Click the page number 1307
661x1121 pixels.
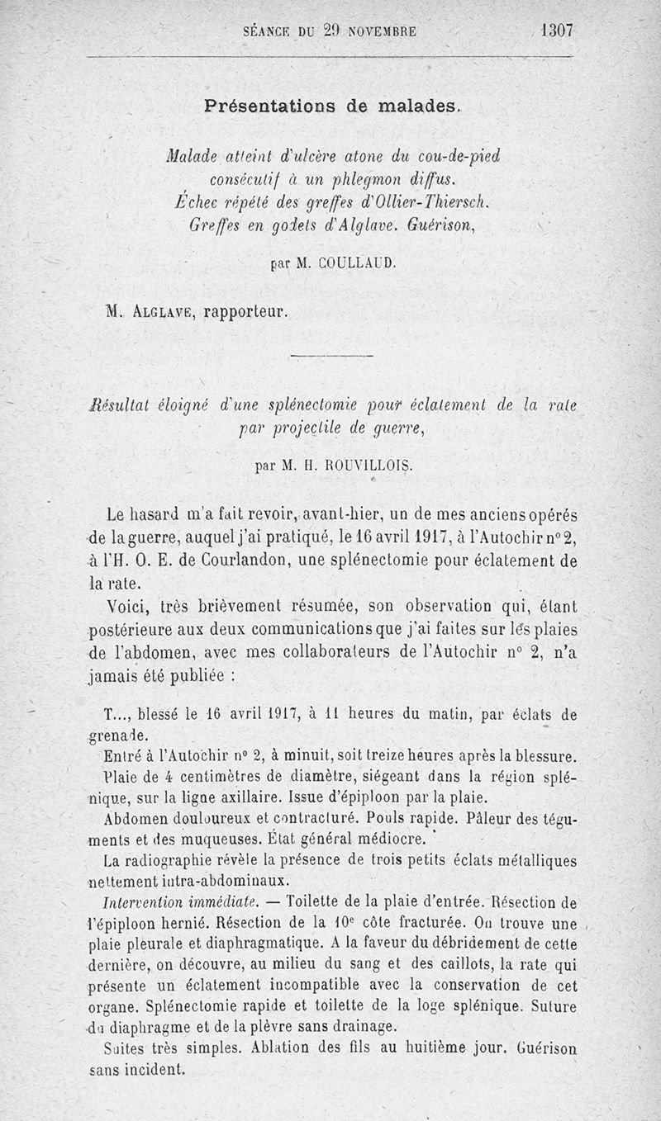(x=556, y=31)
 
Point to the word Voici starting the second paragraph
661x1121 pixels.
(x=127, y=607)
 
